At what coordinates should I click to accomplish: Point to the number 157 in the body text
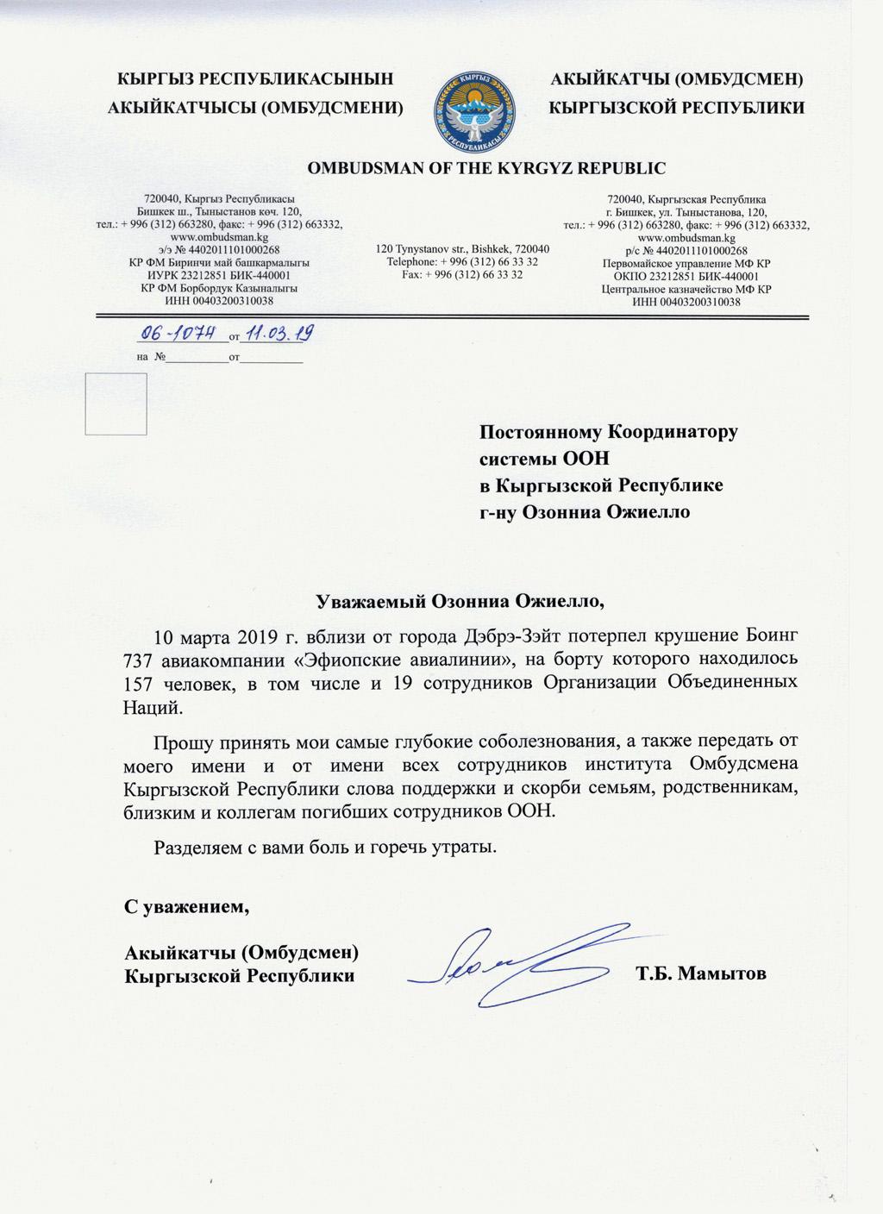click(139, 682)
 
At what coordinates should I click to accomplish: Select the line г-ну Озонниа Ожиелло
click(585, 511)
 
